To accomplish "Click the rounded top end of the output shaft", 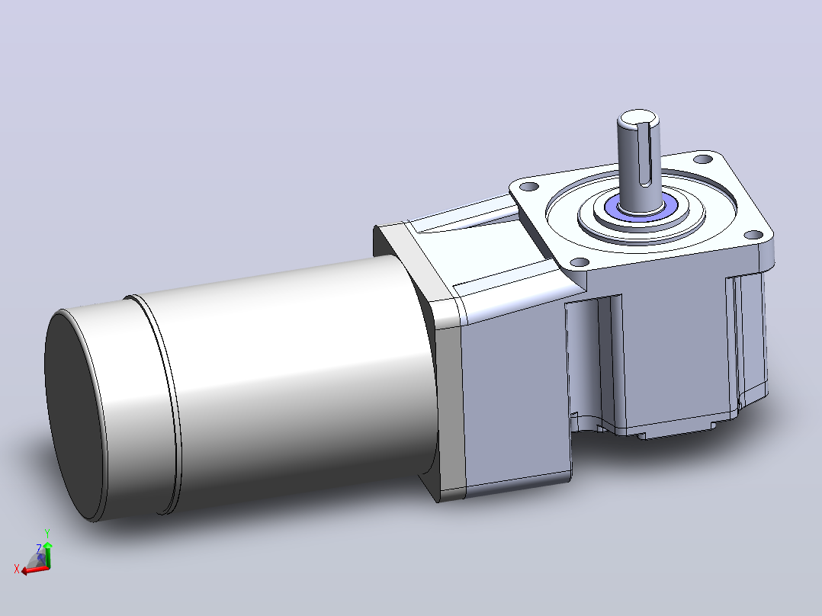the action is (638, 119).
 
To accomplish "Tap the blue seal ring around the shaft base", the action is (641, 210).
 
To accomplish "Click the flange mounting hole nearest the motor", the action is (531, 187).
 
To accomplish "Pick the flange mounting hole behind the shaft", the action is (702, 159).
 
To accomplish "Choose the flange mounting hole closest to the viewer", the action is (579, 262).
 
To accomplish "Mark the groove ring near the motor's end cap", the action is (156, 403).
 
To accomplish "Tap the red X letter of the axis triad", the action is (16, 569).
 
